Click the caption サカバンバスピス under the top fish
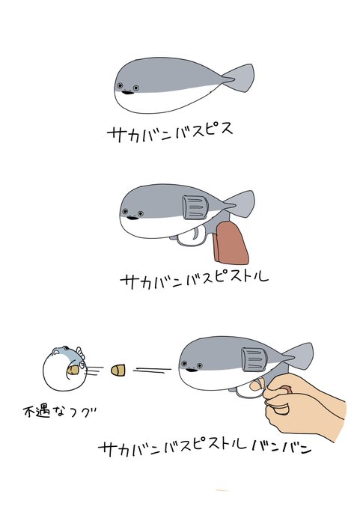click(170, 132)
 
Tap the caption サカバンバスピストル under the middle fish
click(194, 281)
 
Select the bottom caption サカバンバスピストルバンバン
click(204, 448)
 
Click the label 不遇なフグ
click(60, 412)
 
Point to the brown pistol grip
click(231, 243)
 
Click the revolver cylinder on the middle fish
click(195, 207)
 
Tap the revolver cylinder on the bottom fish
click(254, 359)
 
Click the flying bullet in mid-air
click(118, 370)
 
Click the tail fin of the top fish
click(240, 78)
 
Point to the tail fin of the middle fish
click(240, 204)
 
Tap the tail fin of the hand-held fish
click(298, 356)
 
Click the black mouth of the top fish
click(128, 93)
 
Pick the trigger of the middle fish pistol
click(196, 234)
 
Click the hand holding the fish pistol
click(304, 405)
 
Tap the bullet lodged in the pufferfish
click(73, 370)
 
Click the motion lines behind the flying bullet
click(152, 370)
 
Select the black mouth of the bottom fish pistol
click(192, 370)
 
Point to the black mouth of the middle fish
click(132, 218)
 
